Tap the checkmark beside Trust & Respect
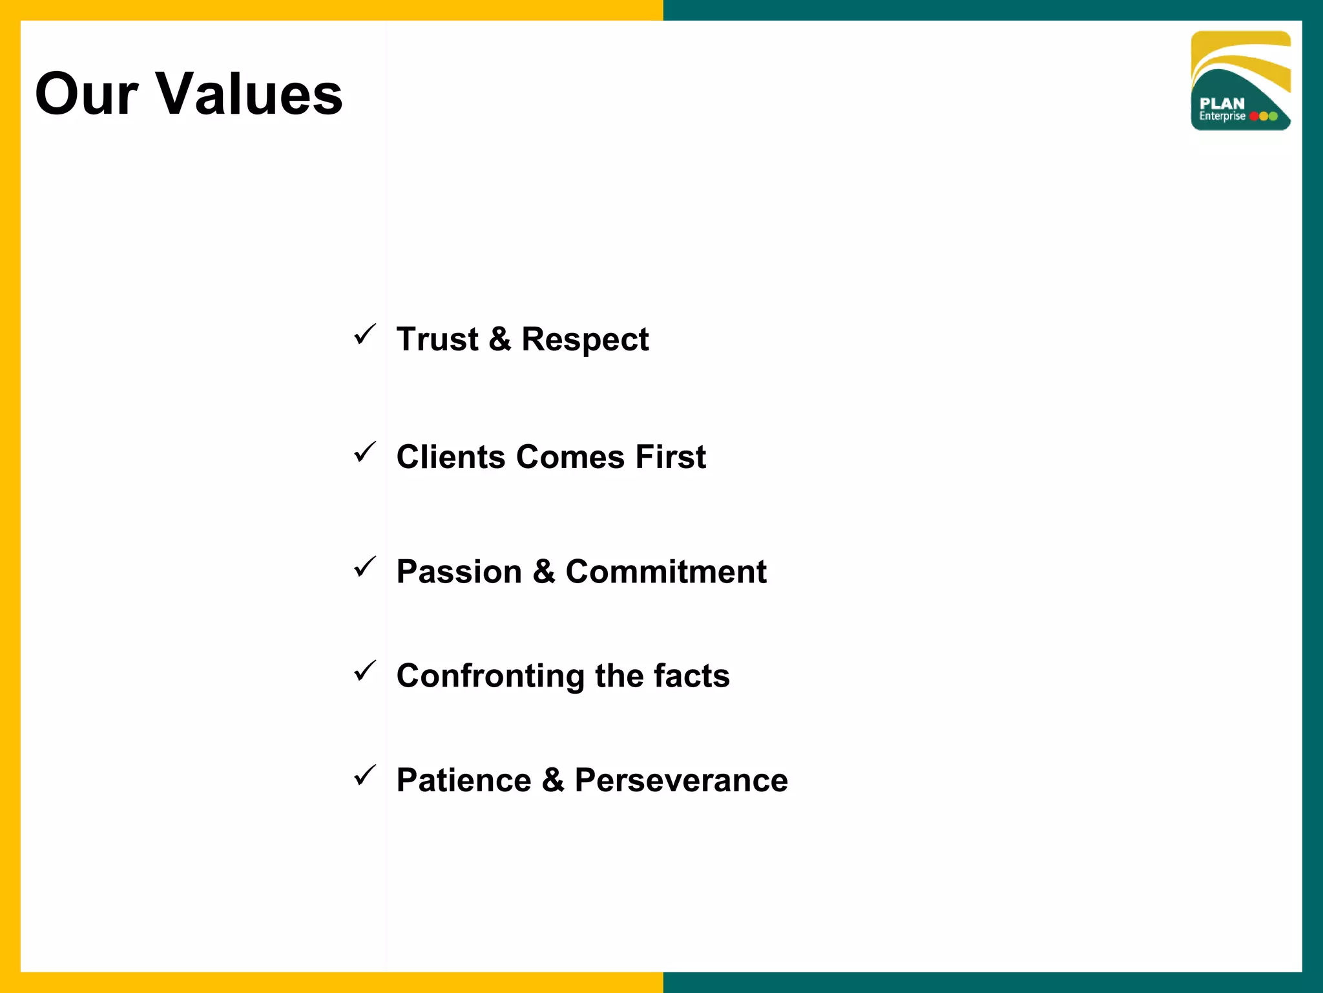click(x=365, y=335)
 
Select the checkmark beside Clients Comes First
click(x=365, y=453)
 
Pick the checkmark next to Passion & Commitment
click(x=365, y=567)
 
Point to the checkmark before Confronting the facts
click(x=365, y=671)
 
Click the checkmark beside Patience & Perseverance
click(x=365, y=775)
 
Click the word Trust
click(x=437, y=339)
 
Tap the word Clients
click(x=450, y=457)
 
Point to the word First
click(x=671, y=457)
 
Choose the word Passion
click(x=459, y=572)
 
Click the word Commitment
click(x=665, y=572)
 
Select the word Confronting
click(x=490, y=677)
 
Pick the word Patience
click(x=463, y=780)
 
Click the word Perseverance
click(x=681, y=780)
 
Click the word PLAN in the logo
click(x=1222, y=103)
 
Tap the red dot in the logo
click(x=1254, y=116)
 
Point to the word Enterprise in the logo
click(x=1222, y=116)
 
